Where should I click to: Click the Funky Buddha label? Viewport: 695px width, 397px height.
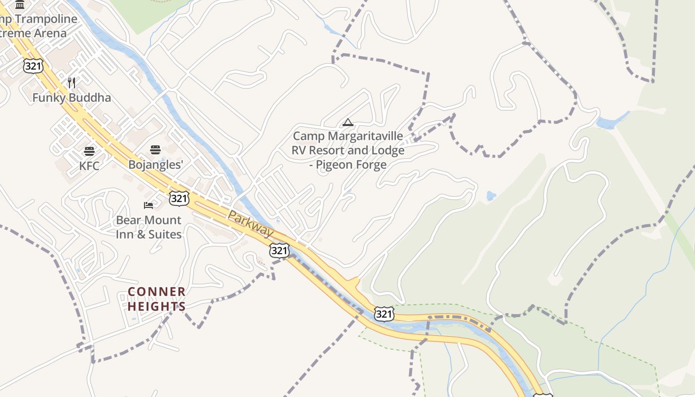pos(71,98)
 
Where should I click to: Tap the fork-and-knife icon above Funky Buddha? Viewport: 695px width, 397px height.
pos(71,82)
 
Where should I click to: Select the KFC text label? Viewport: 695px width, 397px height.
pos(89,166)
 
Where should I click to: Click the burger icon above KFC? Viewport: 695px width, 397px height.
pos(89,151)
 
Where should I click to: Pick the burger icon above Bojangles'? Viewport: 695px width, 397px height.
pos(155,150)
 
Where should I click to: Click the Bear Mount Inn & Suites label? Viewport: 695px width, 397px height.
pos(148,227)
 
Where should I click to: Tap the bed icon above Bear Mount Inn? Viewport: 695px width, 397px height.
pos(148,205)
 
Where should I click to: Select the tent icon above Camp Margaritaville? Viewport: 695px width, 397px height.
pos(348,122)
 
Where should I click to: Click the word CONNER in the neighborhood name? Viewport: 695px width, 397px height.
pos(157,292)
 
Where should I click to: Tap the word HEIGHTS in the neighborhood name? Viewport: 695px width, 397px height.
pos(157,307)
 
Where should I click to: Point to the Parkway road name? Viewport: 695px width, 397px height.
pos(250,223)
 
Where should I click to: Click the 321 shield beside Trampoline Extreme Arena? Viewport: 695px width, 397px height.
pos(33,66)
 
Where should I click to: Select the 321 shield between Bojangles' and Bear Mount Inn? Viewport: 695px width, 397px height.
pos(179,198)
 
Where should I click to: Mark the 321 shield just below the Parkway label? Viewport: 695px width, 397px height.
pos(279,251)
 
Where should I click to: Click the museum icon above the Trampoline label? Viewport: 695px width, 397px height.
pos(20,5)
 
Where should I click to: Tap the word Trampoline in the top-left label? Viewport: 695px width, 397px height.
pos(47,19)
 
